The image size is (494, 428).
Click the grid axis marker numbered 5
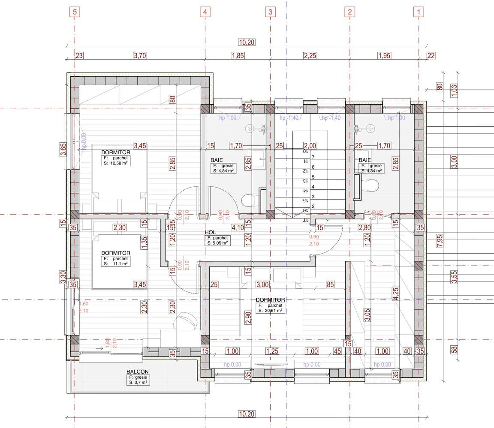pyautogui.click(x=75, y=12)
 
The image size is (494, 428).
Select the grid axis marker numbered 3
pyautogui.click(x=270, y=12)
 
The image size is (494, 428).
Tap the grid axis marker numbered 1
pyautogui.click(x=419, y=12)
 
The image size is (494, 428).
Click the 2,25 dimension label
pyautogui.click(x=310, y=55)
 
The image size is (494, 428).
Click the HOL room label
pyautogui.click(x=210, y=232)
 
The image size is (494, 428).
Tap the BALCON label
pyautogui.click(x=137, y=372)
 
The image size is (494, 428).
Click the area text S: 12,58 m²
pyautogui.click(x=116, y=163)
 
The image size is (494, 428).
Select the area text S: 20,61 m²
pyautogui.click(x=270, y=311)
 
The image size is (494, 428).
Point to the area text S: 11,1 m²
pyautogui.click(x=115, y=264)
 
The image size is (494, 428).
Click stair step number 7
pyautogui.click(x=313, y=157)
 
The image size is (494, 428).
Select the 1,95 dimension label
pyautogui.click(x=384, y=55)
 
